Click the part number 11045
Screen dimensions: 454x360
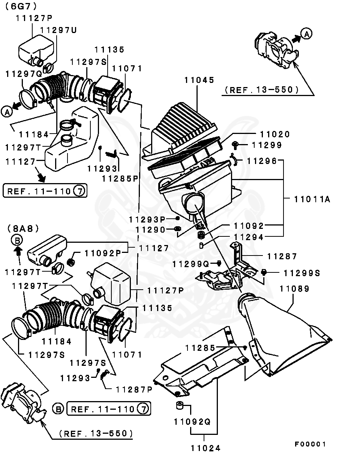point(199,80)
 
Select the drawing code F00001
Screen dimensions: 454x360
point(310,444)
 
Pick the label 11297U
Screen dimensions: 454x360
point(58,30)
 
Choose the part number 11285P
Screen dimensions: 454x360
point(120,179)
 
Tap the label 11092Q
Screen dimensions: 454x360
point(192,421)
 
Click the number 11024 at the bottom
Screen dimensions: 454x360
point(205,448)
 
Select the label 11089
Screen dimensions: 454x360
point(294,289)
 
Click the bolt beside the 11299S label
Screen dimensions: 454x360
point(264,272)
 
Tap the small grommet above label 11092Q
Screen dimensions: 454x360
point(179,406)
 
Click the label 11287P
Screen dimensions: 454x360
point(134,389)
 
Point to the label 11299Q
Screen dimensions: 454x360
point(190,264)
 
